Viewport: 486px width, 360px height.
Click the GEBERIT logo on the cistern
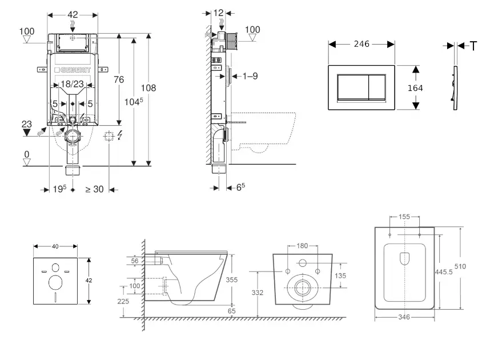coord(73,70)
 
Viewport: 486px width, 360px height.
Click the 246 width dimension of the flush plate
coord(362,44)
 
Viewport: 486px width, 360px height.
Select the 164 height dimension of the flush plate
coord(415,88)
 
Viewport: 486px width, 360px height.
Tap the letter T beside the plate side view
coord(473,46)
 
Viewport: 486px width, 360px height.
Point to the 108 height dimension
coord(148,88)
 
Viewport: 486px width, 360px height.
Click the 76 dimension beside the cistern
coord(119,79)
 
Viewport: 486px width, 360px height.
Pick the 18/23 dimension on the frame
coord(72,84)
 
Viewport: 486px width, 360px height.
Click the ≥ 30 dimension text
coord(94,189)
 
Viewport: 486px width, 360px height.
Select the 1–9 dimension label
coord(250,76)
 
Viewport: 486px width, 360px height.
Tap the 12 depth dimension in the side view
coord(219,13)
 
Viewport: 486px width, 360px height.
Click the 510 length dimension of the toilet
coord(460,266)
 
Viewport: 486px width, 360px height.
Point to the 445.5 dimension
coord(444,272)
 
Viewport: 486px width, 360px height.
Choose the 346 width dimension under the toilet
coord(404,317)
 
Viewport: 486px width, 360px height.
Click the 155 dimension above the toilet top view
coord(404,217)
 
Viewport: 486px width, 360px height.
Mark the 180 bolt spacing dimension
coord(302,246)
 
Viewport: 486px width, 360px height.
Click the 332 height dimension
coord(257,293)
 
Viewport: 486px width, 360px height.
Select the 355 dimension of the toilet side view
coord(231,279)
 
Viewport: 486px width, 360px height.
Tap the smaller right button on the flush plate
coord(377,88)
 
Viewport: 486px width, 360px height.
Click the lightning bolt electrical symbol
coord(120,135)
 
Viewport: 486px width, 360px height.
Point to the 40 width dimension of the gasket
coord(55,246)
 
